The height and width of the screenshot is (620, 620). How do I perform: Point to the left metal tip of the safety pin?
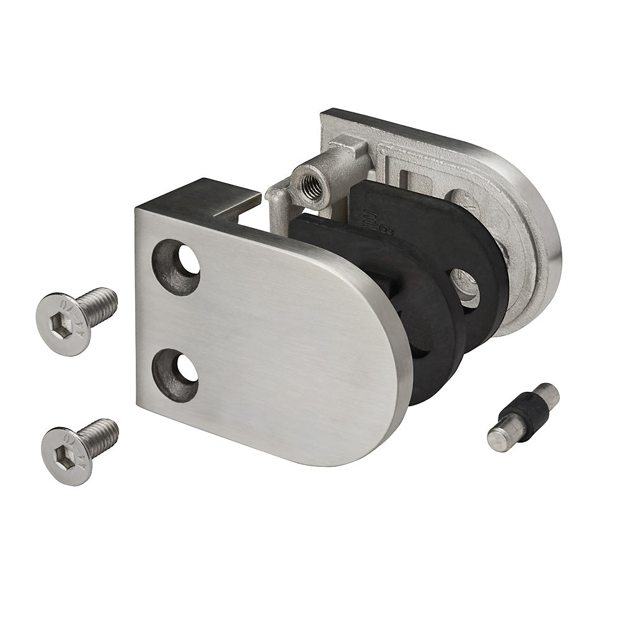click(x=500, y=438)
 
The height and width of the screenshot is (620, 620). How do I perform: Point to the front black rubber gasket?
click(x=428, y=335)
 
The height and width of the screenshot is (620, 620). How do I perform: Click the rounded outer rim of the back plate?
click(x=549, y=248)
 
